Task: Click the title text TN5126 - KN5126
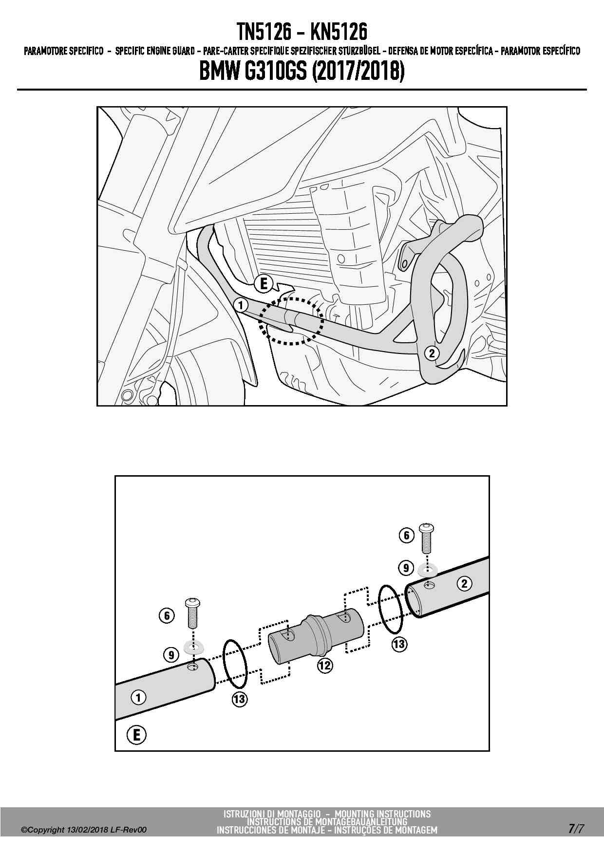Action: (302, 33)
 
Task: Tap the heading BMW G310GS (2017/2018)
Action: (302, 72)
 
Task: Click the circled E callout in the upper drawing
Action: (264, 283)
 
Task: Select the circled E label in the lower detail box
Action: (136, 734)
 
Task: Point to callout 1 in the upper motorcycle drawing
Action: (241, 305)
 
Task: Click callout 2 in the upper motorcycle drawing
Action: (432, 353)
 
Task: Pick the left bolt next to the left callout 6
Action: (192, 613)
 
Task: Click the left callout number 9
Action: (171, 655)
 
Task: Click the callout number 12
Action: (324, 665)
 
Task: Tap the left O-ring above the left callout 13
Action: (236, 663)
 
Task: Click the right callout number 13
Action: (399, 644)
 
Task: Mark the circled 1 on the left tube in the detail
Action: (138, 697)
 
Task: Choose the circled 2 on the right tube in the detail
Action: (464, 583)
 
